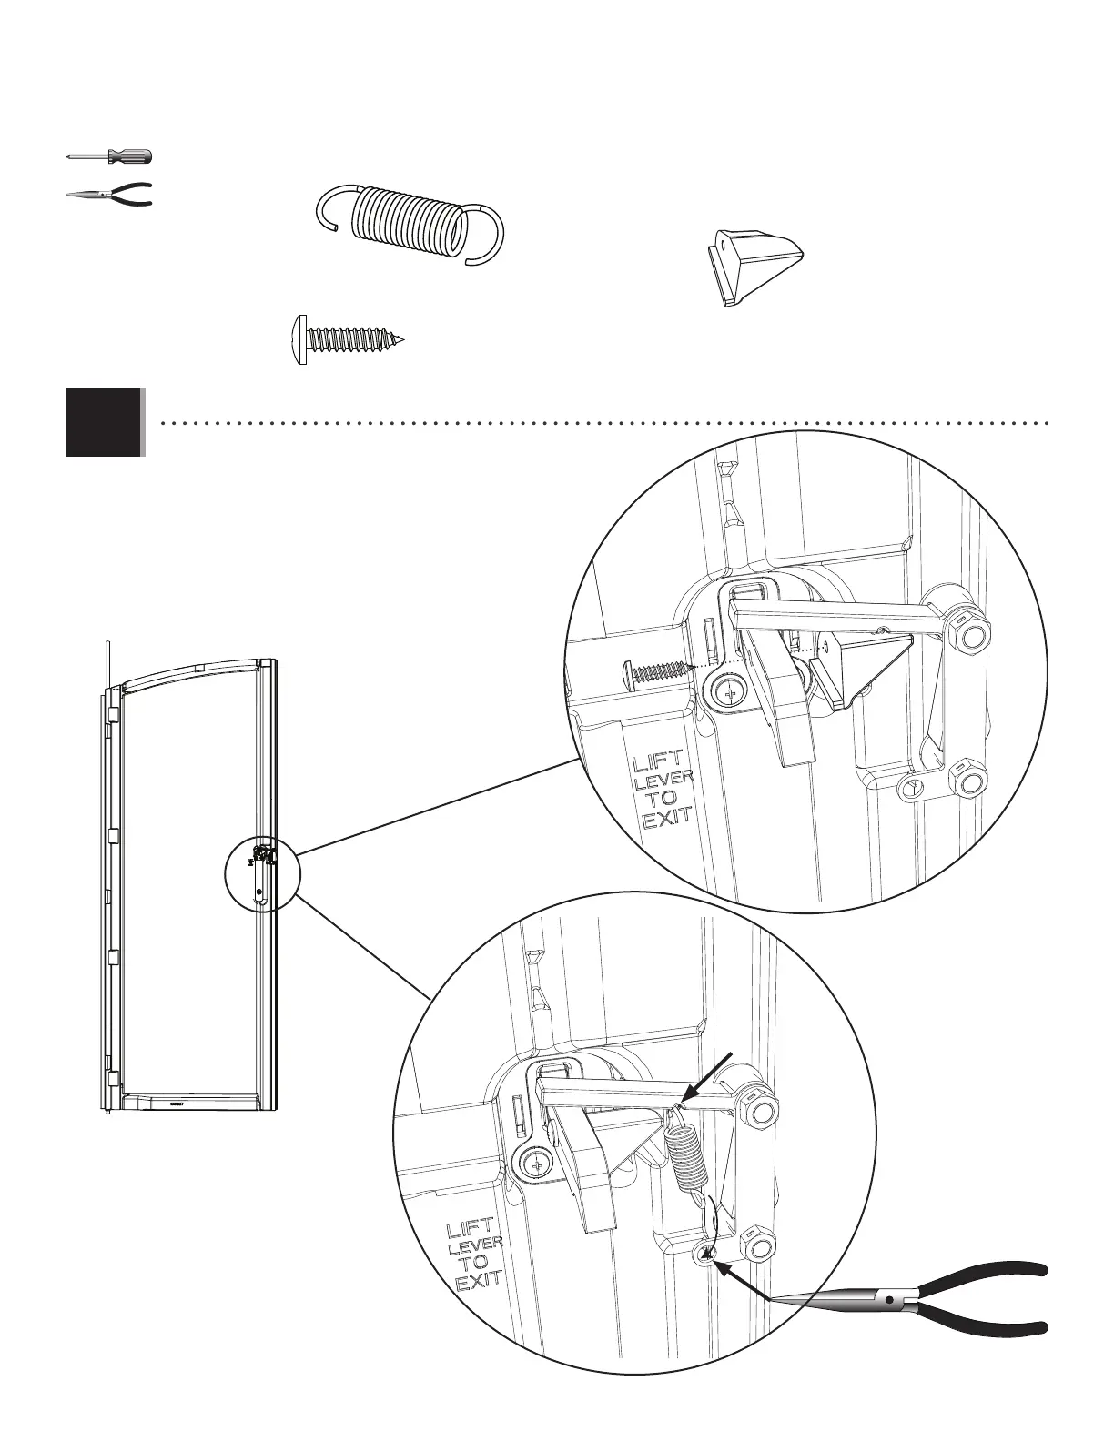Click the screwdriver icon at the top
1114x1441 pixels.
coord(109,156)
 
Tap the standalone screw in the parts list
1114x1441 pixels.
coord(347,339)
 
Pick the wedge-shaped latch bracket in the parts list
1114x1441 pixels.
coord(754,267)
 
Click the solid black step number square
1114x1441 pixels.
coord(104,422)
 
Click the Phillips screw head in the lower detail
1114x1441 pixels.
coord(536,1163)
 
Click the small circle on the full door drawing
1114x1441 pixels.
coord(261,872)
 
